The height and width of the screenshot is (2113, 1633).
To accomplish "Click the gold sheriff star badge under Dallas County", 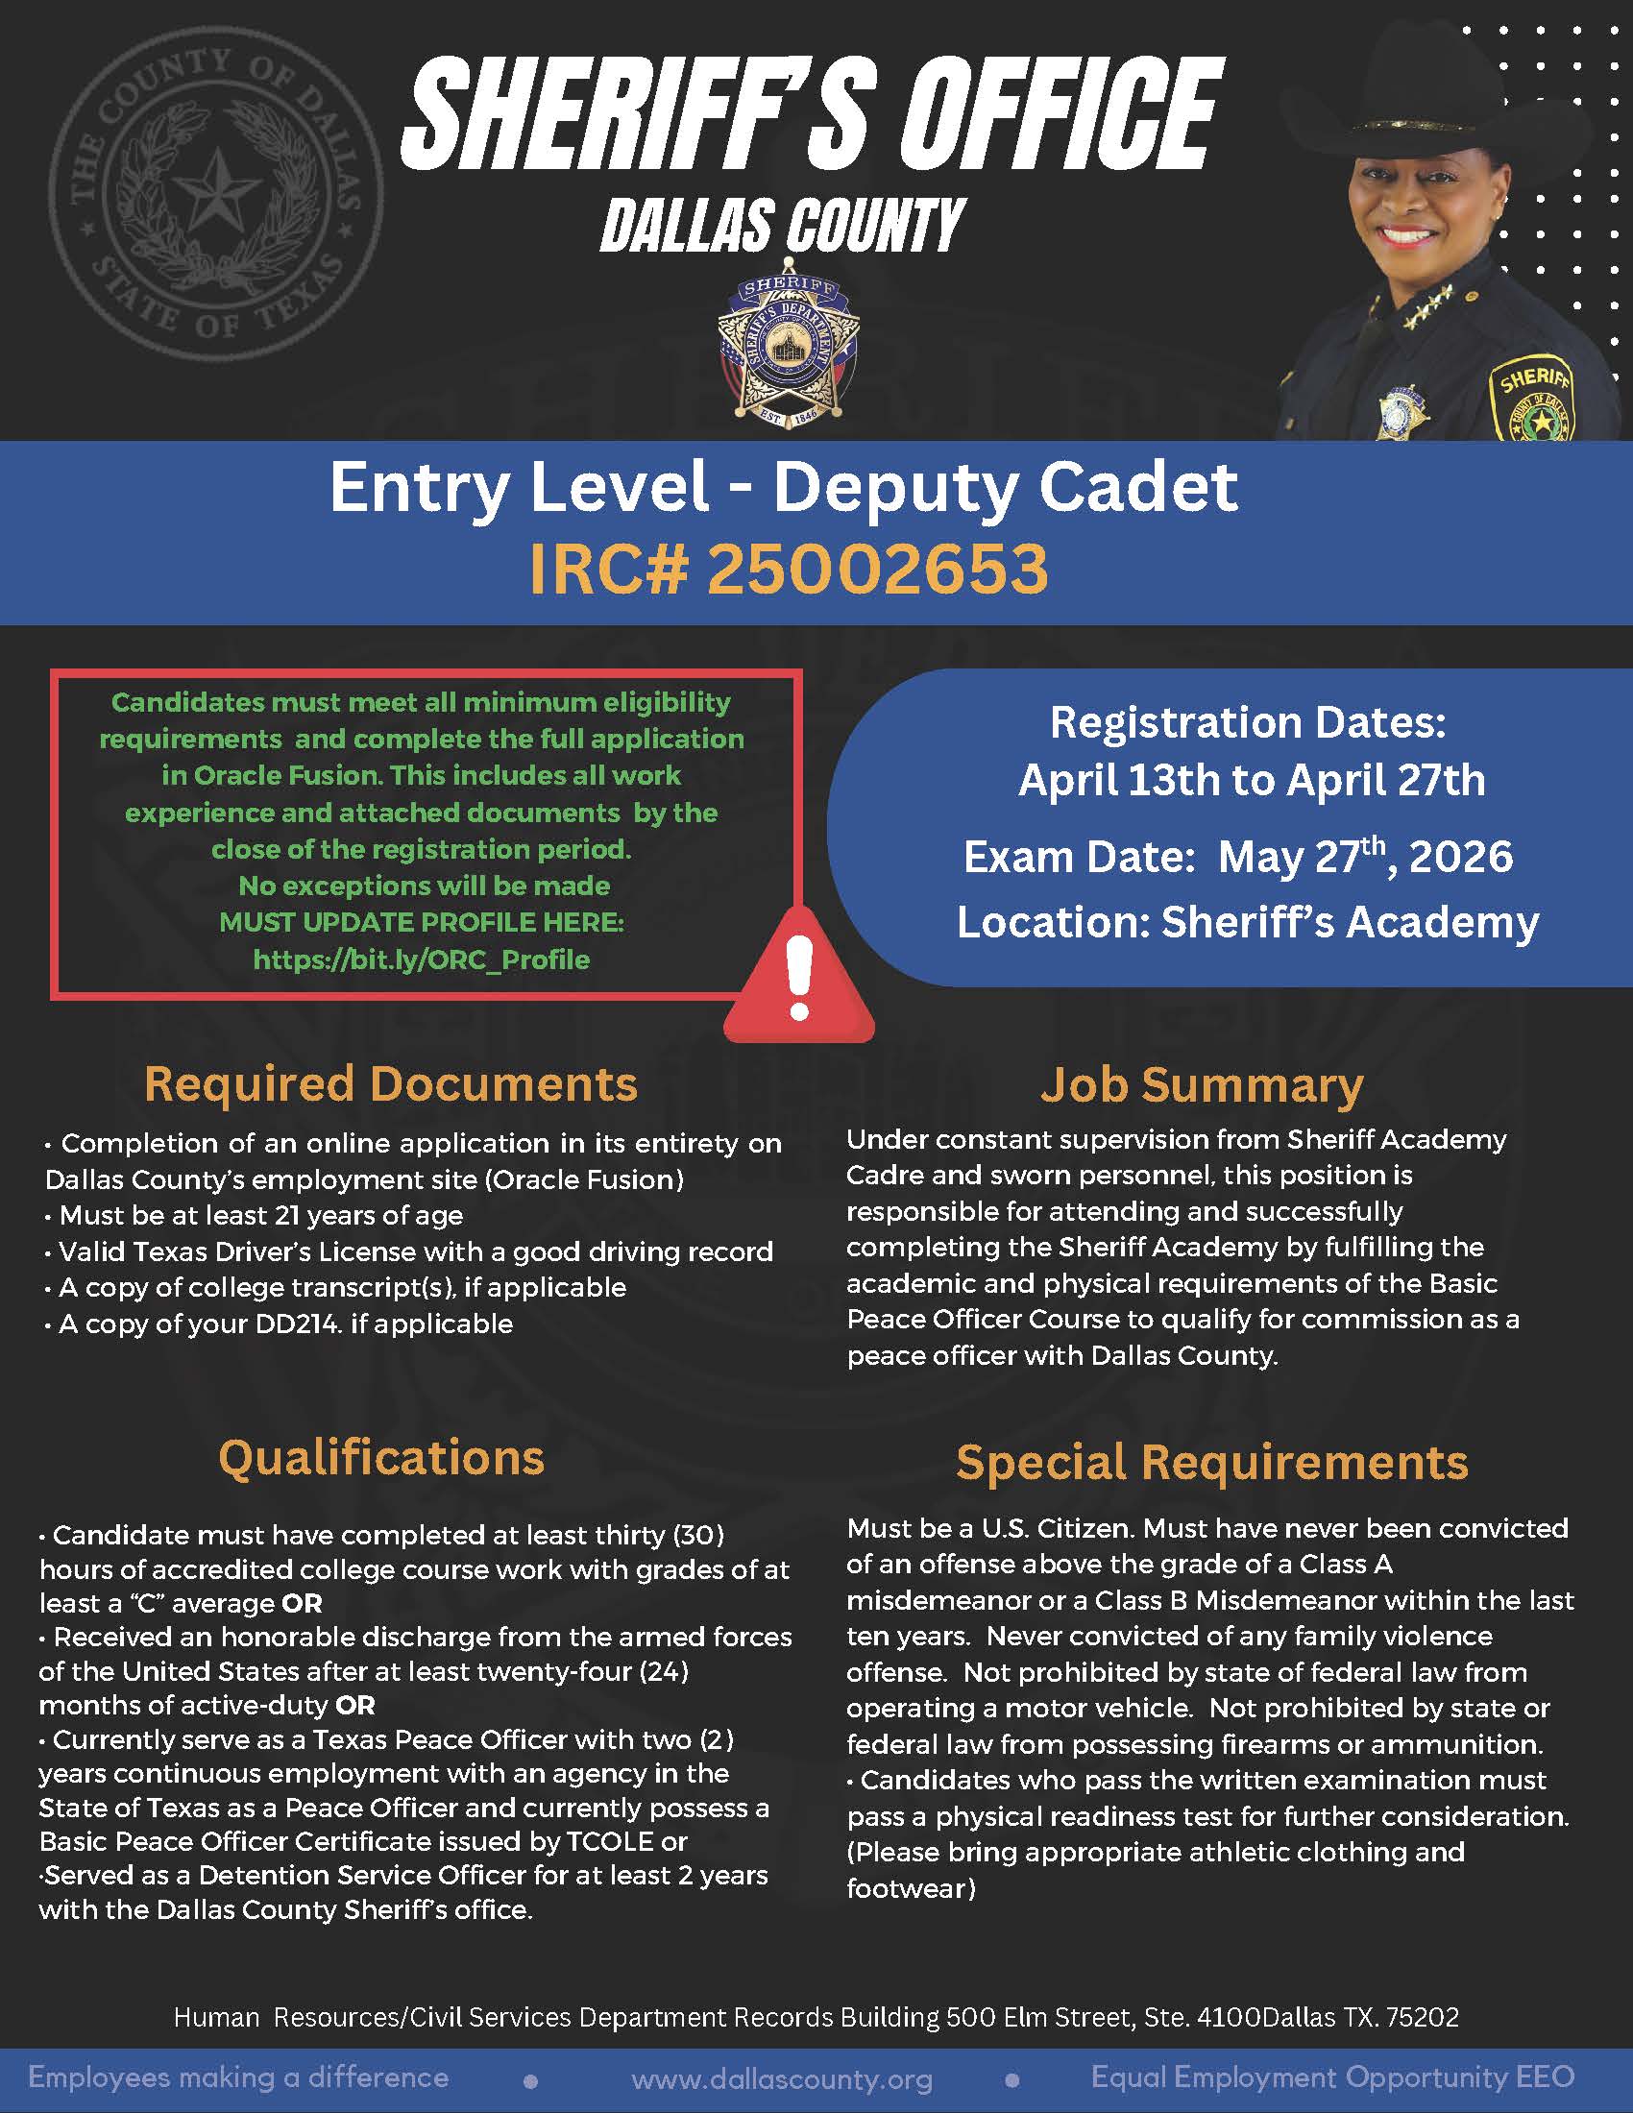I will (x=788, y=352).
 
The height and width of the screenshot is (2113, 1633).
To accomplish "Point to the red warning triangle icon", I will (x=799, y=977).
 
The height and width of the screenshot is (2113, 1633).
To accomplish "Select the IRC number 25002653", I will (x=877, y=569).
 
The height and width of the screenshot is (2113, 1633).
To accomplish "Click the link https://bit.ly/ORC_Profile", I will (x=421, y=959).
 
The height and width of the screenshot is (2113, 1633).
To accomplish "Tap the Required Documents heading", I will (x=391, y=1084).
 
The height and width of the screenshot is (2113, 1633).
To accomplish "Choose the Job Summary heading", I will (x=1202, y=1084).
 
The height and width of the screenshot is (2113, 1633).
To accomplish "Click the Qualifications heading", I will (x=381, y=1457).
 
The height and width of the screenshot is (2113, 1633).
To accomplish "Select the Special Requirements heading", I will (x=1211, y=1462).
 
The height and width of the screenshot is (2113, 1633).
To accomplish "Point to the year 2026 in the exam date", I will (x=1461, y=857).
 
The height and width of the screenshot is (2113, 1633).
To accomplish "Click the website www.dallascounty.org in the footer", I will (x=782, y=2078).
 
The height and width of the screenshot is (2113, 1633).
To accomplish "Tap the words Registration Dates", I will (x=1248, y=722).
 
